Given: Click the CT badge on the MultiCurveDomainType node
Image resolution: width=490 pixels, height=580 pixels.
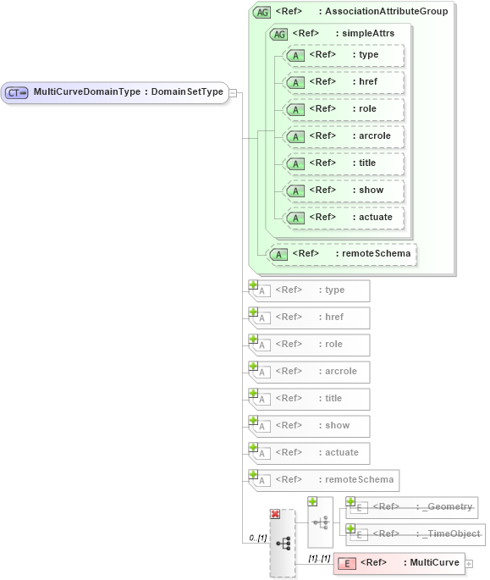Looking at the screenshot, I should pyautogui.click(x=17, y=92).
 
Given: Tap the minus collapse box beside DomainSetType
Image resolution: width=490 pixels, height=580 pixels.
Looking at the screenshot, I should pyautogui.click(x=233, y=92).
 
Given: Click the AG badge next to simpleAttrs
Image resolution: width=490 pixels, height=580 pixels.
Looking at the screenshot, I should pyautogui.click(x=278, y=33).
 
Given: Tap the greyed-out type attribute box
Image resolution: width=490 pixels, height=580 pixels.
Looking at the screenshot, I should pyautogui.click(x=310, y=290).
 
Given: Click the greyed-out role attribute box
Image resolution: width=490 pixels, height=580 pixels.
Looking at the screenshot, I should pyautogui.click(x=310, y=345).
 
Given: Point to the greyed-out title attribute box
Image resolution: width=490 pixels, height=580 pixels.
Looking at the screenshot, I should pyautogui.click(x=310, y=399).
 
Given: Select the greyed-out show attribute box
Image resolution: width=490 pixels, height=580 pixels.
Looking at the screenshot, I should pyautogui.click(x=310, y=426).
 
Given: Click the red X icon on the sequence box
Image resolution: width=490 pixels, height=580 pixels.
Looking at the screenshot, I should pyautogui.click(x=275, y=514).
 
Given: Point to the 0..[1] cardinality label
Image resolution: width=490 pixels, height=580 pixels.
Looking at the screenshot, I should pyautogui.click(x=257, y=538).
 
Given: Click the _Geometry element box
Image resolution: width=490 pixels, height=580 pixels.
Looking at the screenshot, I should pyautogui.click(x=411, y=507).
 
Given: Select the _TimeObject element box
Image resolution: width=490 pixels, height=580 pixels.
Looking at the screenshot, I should pyautogui.click(x=415, y=534).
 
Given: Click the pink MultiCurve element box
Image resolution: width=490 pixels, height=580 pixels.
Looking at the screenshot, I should pyautogui.click(x=398, y=562).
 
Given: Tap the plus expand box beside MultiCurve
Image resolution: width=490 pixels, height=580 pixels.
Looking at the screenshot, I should pyautogui.click(x=469, y=563).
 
